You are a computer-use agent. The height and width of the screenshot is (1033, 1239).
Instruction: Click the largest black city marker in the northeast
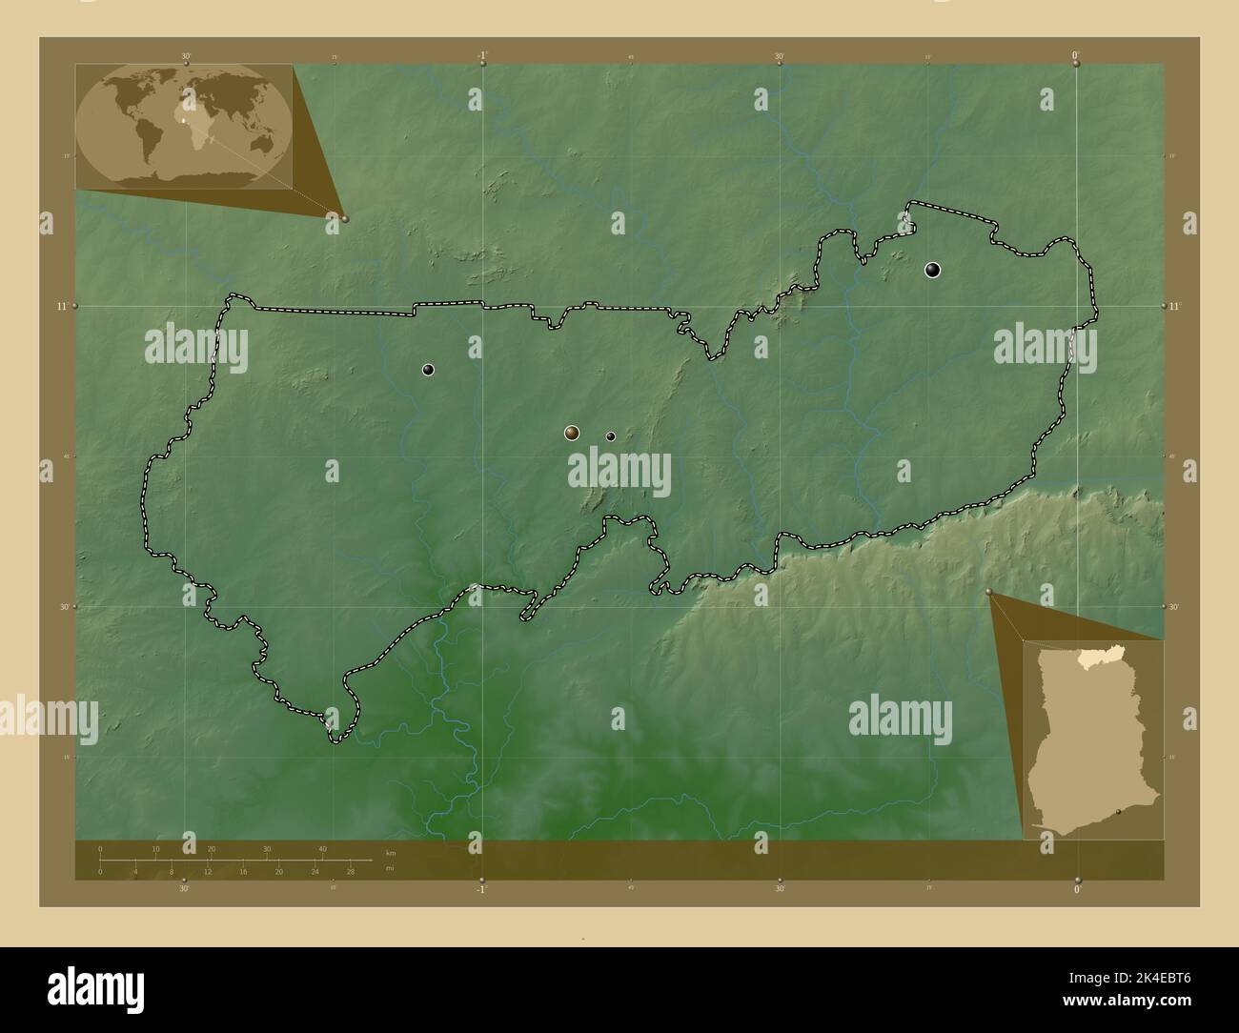point(932,270)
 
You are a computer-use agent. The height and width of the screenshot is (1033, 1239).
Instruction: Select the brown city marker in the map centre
point(571,434)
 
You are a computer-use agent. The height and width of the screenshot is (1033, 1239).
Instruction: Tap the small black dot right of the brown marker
point(611,436)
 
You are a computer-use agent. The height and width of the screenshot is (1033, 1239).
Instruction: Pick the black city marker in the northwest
point(429,370)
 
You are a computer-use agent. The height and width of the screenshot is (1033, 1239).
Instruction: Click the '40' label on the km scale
point(322,849)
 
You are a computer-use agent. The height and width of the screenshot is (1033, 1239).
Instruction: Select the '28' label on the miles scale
point(351,871)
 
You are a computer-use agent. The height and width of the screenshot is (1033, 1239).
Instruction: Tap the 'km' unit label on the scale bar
point(390,851)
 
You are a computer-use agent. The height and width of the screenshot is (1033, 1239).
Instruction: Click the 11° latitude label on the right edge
point(1174,306)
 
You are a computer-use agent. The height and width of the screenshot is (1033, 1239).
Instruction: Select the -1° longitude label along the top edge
point(483,54)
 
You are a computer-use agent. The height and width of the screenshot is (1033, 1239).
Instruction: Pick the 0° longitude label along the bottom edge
point(1077,889)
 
